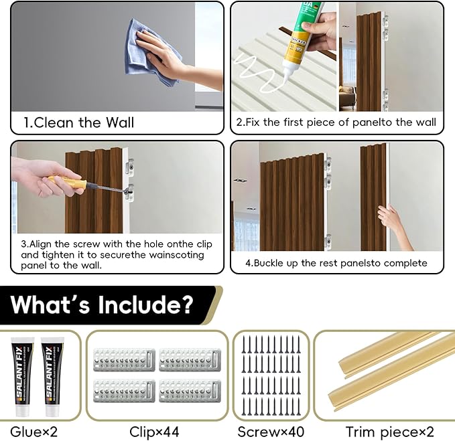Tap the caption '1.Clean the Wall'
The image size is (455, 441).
click(79, 122)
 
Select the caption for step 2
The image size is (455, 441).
click(336, 122)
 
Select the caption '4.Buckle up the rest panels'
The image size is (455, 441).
click(336, 263)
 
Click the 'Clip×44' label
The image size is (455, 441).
click(156, 432)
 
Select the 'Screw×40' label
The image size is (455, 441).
click(271, 432)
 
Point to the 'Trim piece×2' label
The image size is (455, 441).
click(384, 432)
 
